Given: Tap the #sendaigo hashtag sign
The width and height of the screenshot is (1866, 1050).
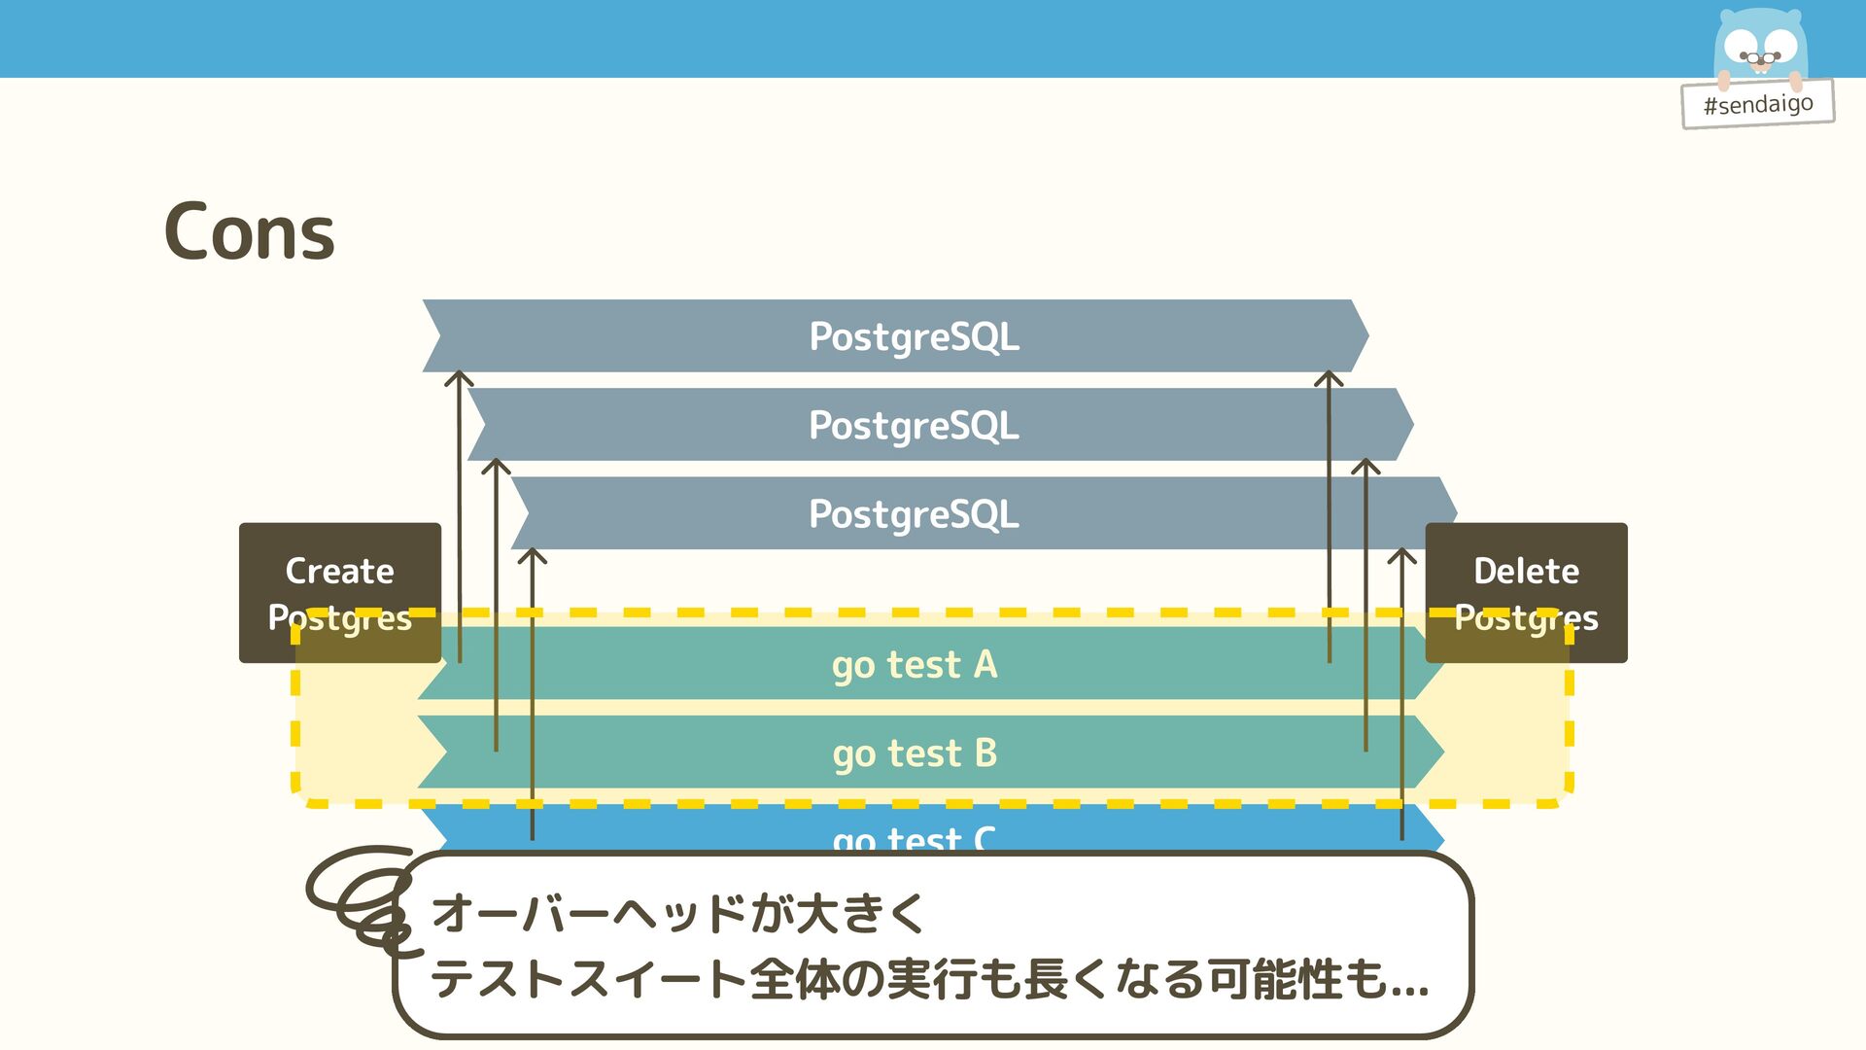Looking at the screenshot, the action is pyautogui.click(x=1758, y=104).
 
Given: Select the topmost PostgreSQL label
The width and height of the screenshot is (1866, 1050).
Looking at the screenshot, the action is pyautogui.click(x=914, y=336).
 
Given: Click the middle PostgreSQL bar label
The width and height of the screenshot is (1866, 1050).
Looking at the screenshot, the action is pyautogui.click(x=914, y=425).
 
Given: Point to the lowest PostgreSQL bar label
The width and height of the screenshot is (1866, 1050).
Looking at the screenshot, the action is pyautogui.click(x=914, y=513).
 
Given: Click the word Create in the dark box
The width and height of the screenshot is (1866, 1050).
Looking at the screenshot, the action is pyautogui.click(x=339, y=571).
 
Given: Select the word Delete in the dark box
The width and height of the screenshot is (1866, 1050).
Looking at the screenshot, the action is pyautogui.click(x=1526, y=571).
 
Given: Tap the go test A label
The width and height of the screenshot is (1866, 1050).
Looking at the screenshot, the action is pyautogui.click(x=915, y=665).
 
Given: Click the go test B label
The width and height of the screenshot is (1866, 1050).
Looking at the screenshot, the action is pyautogui.click(x=915, y=753).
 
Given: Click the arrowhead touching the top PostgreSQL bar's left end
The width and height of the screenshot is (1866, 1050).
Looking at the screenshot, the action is pyautogui.click(x=459, y=378).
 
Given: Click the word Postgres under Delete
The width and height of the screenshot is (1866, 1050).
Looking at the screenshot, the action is pyautogui.click(x=1526, y=618).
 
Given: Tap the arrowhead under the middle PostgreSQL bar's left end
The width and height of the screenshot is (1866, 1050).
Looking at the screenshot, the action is pyautogui.click(x=496, y=467).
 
